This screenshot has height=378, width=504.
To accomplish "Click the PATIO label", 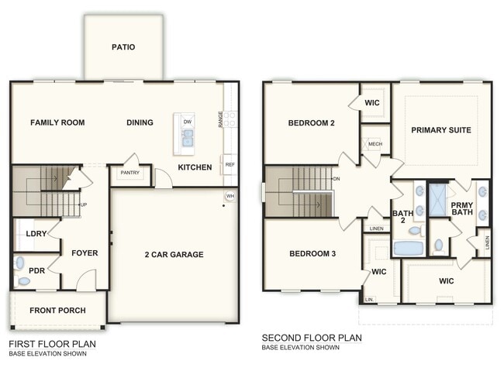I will tap(123, 47).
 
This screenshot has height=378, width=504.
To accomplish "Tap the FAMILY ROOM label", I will tap(57, 122).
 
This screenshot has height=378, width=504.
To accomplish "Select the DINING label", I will tap(140, 122).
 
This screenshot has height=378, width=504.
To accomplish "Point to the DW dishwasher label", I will tap(187, 122).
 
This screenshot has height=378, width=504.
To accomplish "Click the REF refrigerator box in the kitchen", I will tap(230, 164).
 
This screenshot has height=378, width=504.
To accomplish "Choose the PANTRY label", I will tap(129, 174).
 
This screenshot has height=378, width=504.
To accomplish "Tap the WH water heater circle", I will tap(230, 196).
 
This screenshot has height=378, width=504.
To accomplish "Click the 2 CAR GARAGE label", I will tap(173, 254).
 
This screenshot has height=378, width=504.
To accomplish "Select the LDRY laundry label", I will tap(36, 233).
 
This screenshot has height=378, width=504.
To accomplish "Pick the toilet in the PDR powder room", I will tap(24, 281).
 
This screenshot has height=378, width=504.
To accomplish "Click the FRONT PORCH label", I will tap(57, 311).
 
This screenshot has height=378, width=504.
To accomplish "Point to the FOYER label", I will tap(85, 253).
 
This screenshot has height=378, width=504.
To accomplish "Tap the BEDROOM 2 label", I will tap(311, 123).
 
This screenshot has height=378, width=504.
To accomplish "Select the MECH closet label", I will tap(375, 144).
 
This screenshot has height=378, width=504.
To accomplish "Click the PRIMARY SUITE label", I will tap(440, 130).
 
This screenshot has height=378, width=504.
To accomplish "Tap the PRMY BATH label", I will tap(462, 208).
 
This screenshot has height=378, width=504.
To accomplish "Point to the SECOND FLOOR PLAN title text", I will tap(311, 338).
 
